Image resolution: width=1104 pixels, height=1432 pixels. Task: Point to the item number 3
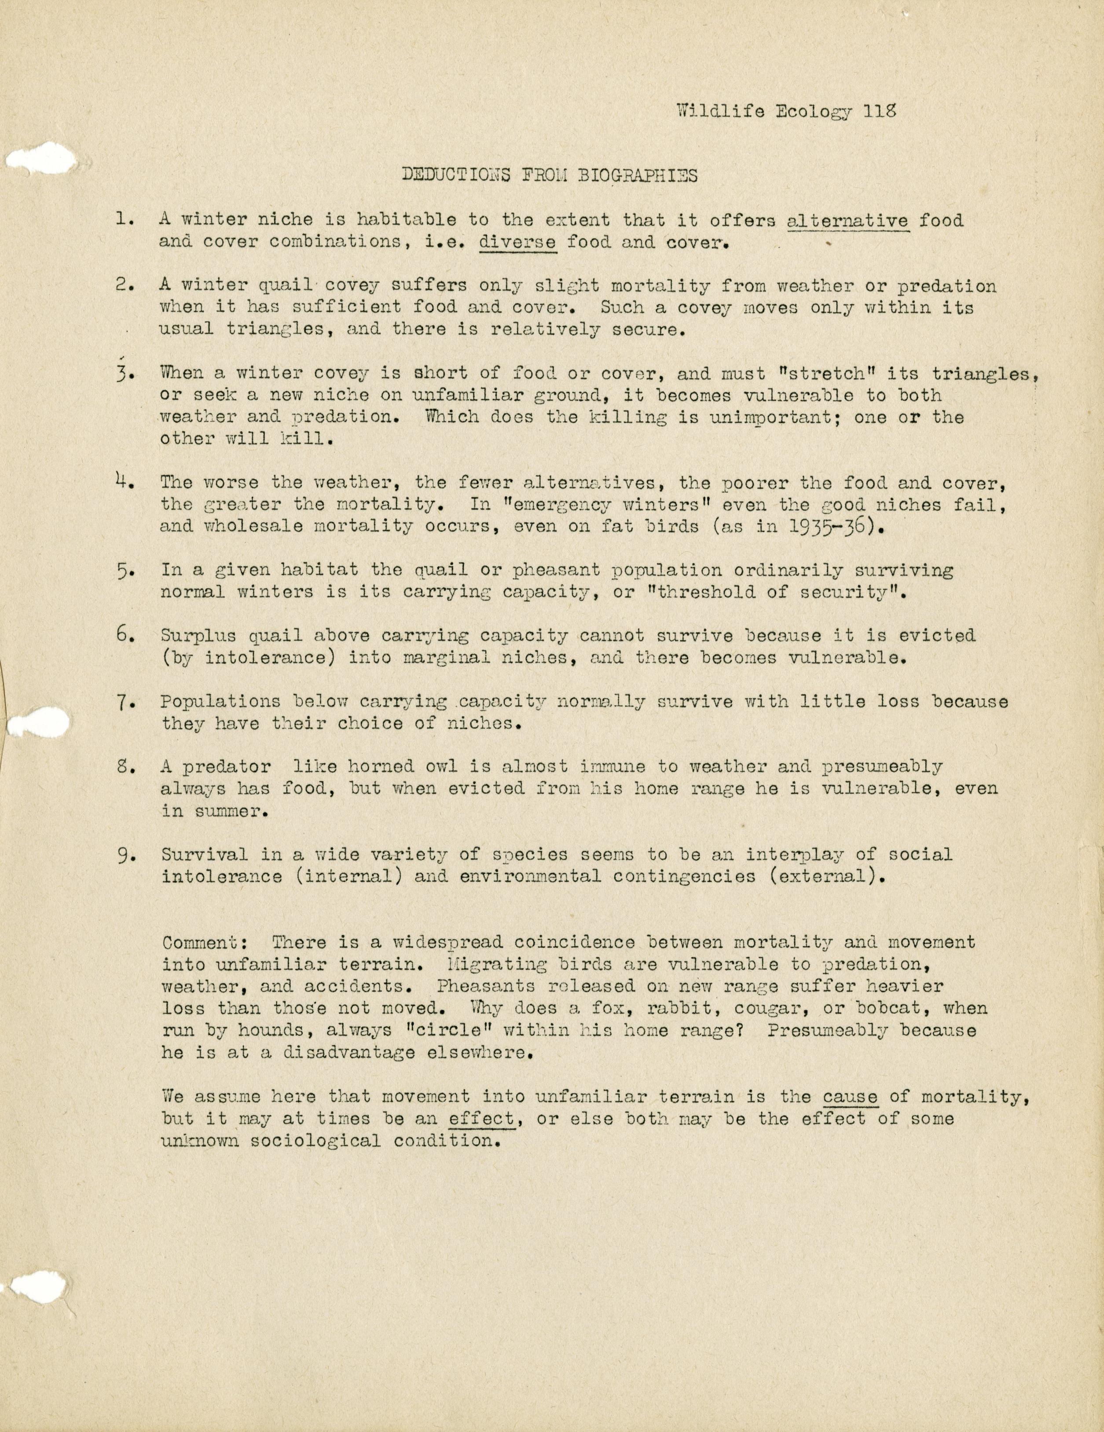tap(125, 374)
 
